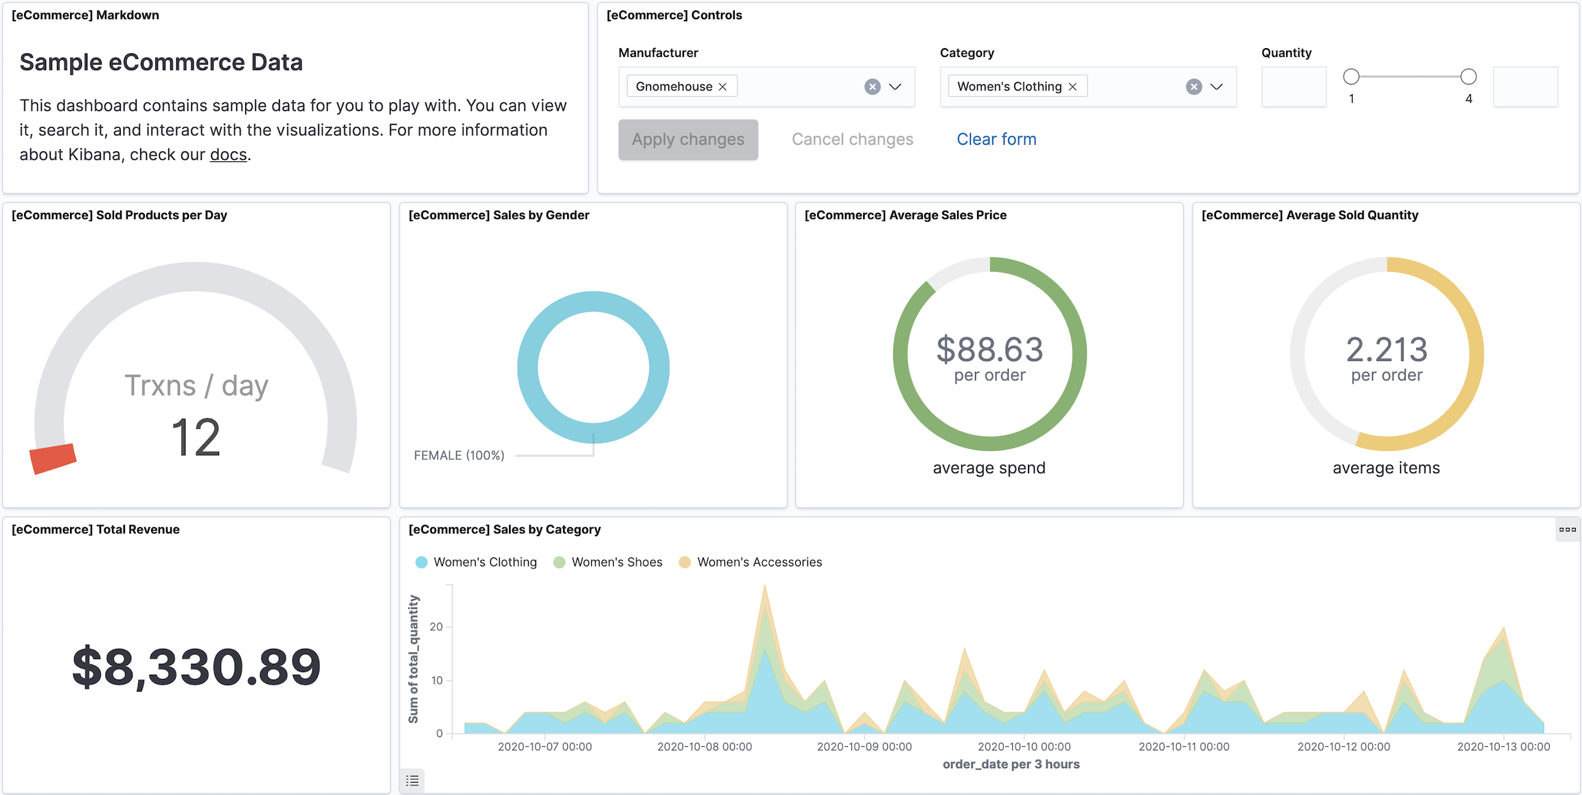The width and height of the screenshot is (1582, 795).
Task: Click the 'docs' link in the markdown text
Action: pos(228,155)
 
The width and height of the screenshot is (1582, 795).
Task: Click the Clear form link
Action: pos(996,139)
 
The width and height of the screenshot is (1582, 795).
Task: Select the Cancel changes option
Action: pos(852,139)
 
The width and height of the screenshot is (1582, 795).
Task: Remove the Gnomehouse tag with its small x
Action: pos(723,87)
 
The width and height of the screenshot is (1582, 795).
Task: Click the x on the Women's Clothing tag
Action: pos(1073,87)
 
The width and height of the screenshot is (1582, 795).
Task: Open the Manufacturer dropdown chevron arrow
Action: pos(895,87)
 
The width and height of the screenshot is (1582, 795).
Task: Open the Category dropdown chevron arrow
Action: pos(1216,87)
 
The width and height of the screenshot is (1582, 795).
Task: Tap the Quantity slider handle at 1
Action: pos(1351,76)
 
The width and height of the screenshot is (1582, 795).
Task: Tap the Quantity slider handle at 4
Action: pos(1468,76)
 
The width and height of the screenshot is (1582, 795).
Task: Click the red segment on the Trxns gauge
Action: pos(52,459)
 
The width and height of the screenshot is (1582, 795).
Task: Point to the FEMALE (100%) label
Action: pos(459,455)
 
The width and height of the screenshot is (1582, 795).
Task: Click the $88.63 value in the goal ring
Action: pos(989,349)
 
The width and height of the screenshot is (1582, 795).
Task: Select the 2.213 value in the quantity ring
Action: pos(1386,349)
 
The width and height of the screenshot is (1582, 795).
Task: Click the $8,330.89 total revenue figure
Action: pos(196,667)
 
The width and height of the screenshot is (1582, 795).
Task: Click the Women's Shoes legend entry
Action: pos(616,562)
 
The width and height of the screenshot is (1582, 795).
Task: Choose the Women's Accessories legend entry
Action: pos(759,562)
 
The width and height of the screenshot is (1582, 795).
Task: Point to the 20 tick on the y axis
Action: pos(436,627)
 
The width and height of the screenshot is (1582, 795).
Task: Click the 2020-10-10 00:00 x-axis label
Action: pos(1024,746)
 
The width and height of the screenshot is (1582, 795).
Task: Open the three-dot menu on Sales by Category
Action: pos(1567,529)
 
